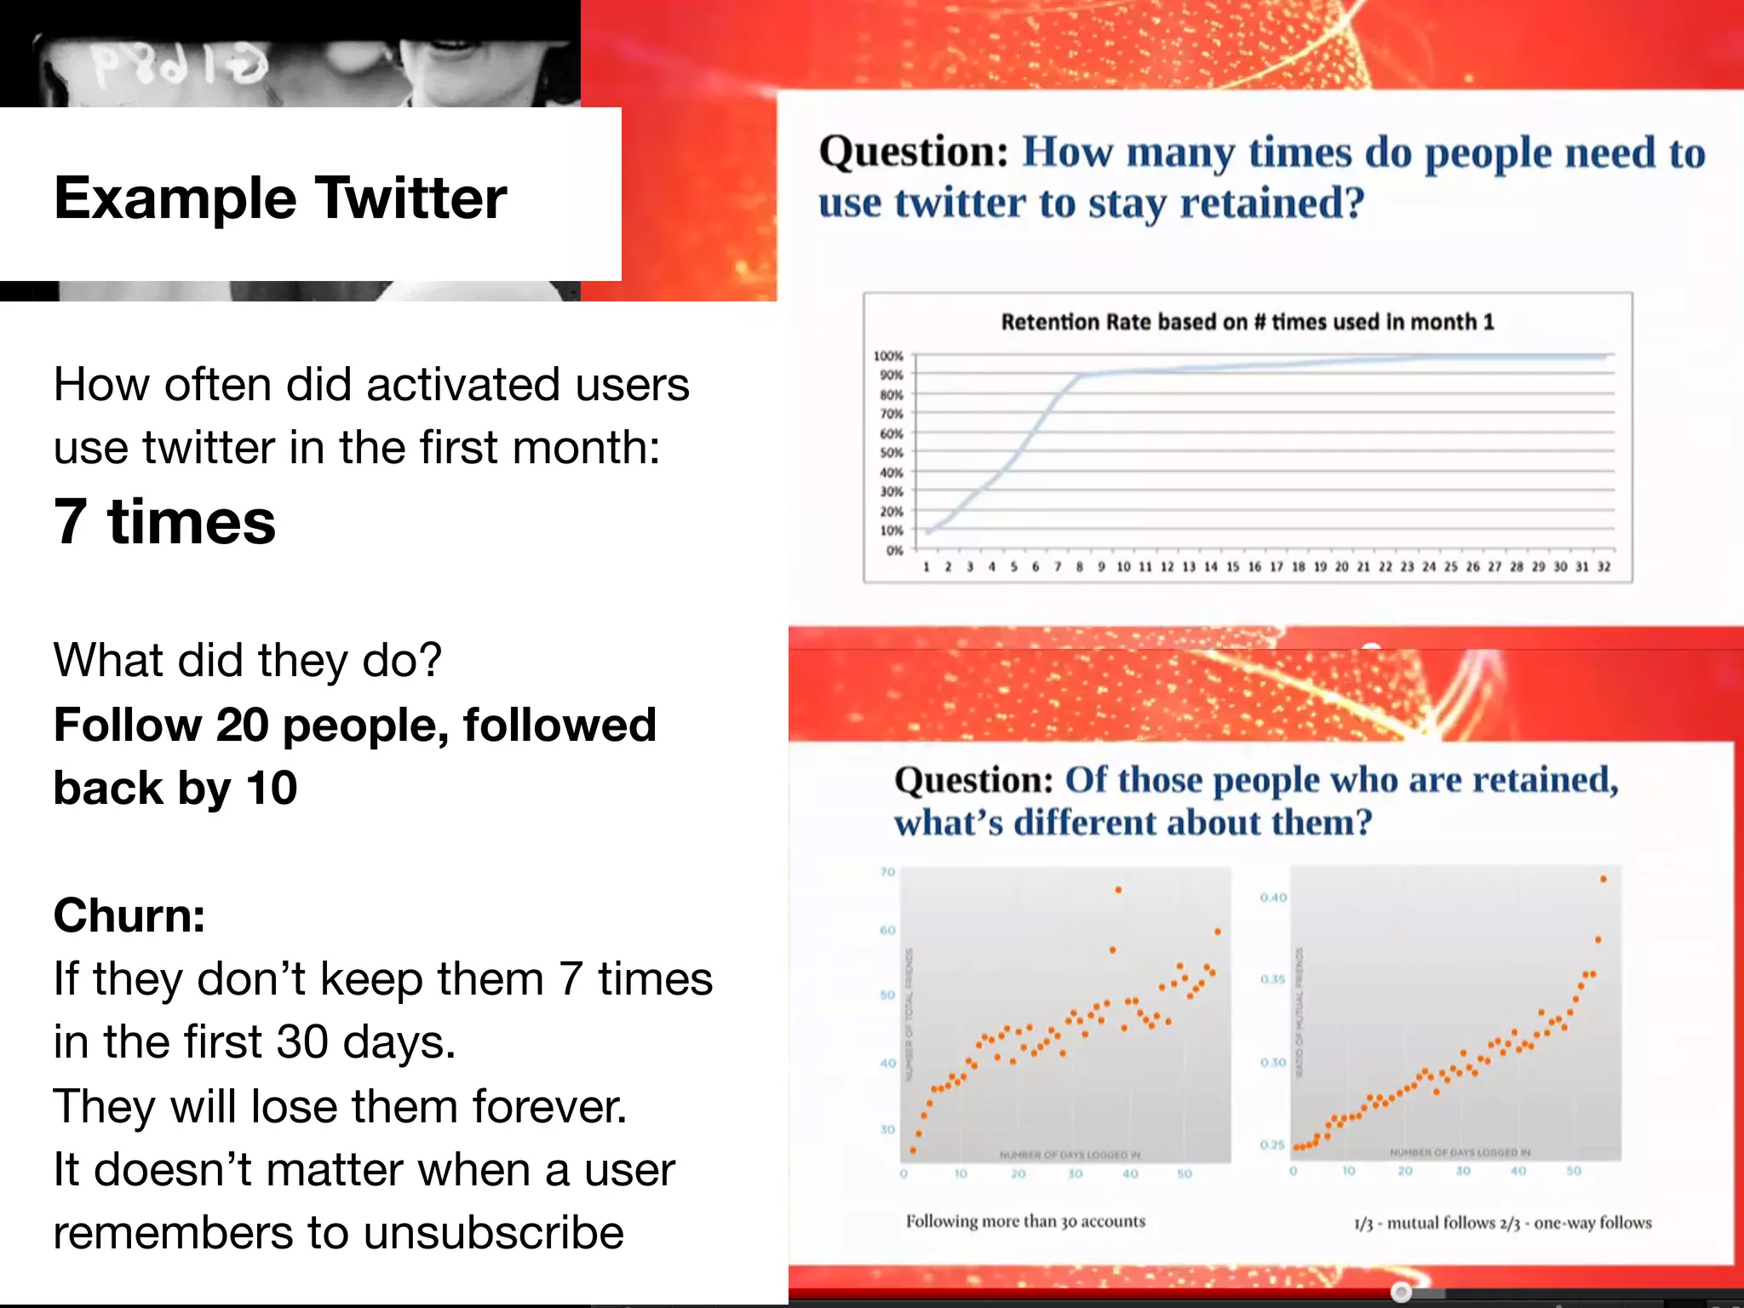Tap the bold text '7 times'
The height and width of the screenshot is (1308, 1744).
pos(164,521)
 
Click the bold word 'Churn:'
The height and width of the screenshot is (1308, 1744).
pos(129,915)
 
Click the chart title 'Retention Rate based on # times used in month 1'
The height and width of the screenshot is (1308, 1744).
pos(1247,322)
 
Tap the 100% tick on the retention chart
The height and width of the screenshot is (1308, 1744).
pos(888,356)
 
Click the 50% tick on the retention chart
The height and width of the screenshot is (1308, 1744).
pos(891,452)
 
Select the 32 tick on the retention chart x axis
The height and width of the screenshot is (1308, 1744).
pos(1603,567)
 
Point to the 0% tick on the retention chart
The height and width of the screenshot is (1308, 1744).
pos(893,550)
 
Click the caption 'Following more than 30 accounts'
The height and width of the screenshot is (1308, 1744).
pos(1025,1221)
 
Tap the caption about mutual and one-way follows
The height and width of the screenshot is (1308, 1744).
pos(1502,1223)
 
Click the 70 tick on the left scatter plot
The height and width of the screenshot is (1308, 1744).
pos(887,872)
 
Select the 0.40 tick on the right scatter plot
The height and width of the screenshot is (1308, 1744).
pos(1273,898)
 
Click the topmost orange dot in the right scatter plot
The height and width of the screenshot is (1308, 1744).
pos(1603,879)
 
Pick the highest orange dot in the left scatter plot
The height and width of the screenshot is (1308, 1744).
pos(1118,890)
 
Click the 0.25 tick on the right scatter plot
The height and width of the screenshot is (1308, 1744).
pos(1272,1144)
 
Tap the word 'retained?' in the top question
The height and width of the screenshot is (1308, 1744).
pos(1271,204)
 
